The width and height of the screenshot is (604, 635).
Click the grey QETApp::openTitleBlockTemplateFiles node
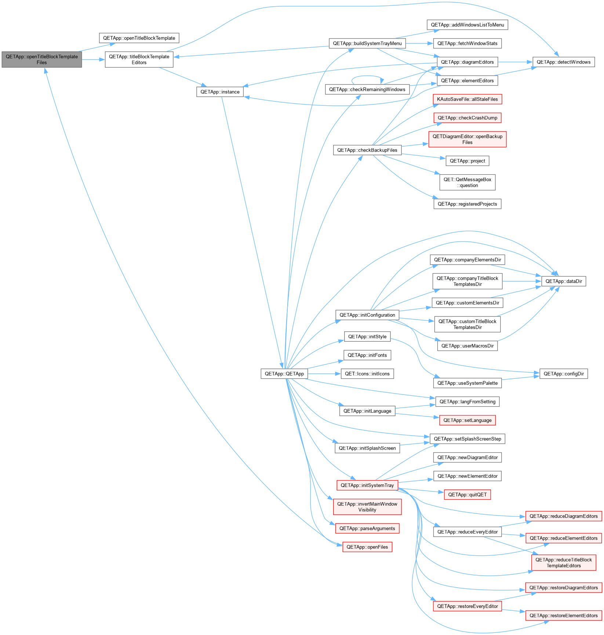pos(42,59)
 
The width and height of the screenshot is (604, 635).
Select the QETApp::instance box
pos(220,92)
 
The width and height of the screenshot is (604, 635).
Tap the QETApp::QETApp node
pos(284,374)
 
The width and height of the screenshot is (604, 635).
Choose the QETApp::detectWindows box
pos(564,62)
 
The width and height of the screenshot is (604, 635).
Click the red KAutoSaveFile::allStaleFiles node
pos(467,99)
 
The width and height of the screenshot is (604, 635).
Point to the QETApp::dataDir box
pos(564,281)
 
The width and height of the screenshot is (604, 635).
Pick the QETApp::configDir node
pos(564,374)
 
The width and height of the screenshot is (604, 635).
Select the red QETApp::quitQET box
pos(467,494)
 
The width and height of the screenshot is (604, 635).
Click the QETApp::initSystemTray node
pos(367,485)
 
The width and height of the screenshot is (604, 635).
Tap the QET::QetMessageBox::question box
pos(467,182)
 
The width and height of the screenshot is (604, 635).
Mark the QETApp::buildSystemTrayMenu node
pos(367,43)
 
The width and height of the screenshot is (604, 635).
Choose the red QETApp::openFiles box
pos(367,547)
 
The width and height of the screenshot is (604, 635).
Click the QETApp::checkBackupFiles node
pos(367,150)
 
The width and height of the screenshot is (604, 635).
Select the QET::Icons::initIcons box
pos(367,374)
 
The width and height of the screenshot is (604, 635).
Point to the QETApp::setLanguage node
pos(467,420)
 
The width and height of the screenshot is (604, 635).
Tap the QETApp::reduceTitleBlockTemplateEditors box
pos(564,563)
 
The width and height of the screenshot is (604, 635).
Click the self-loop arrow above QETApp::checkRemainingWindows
pos(367,76)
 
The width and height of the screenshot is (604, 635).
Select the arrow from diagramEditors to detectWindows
pos(515,62)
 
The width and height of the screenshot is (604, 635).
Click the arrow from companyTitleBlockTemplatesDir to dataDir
pos(522,281)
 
